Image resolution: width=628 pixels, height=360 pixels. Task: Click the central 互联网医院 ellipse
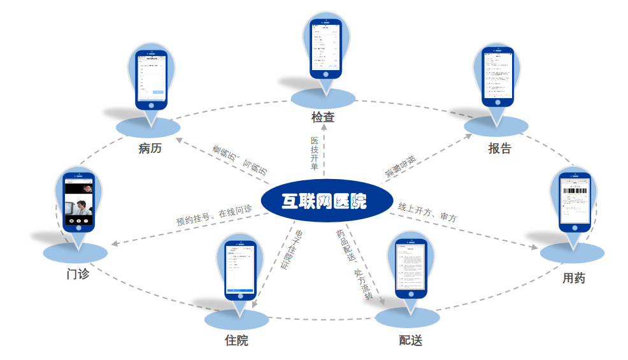click(x=324, y=201)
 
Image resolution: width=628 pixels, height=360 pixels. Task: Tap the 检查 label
click(x=323, y=117)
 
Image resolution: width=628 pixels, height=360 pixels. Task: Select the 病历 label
click(x=150, y=149)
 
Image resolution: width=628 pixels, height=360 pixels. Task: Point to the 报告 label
click(x=499, y=148)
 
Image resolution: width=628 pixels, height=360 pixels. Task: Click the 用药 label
click(x=573, y=278)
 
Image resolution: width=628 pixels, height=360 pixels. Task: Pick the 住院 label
click(x=236, y=340)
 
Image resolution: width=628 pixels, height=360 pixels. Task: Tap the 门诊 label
click(x=78, y=274)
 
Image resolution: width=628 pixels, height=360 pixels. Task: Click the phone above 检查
click(x=325, y=48)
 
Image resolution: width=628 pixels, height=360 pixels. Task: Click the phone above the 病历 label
click(x=152, y=80)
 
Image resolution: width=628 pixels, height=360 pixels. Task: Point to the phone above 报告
click(x=497, y=76)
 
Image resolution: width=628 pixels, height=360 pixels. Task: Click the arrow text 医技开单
click(x=314, y=154)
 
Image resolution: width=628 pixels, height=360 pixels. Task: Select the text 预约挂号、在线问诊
click(x=214, y=215)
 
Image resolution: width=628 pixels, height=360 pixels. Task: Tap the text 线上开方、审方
click(x=427, y=212)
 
